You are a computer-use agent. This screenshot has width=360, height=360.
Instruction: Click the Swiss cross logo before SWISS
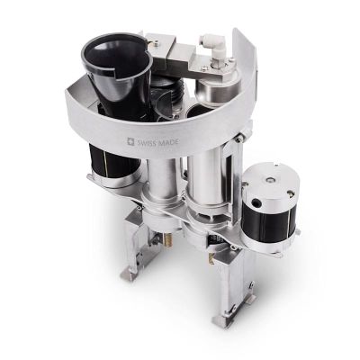pyautogui.click(x=132, y=141)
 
